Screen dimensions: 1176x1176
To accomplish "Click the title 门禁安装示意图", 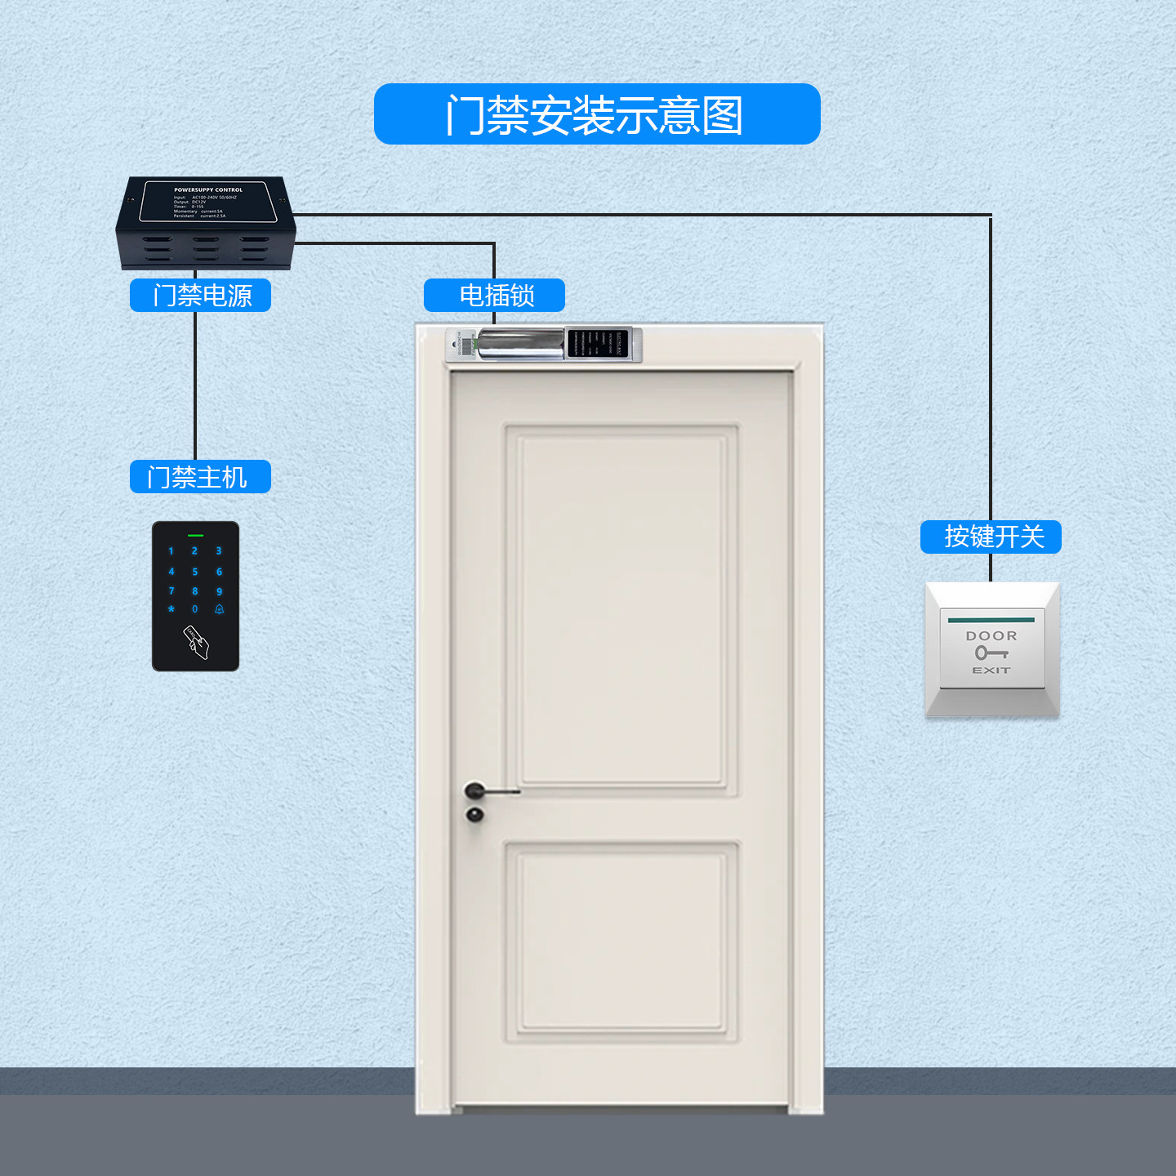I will pyautogui.click(x=596, y=114).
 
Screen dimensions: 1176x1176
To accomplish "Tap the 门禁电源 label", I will pyautogui.click(x=201, y=295).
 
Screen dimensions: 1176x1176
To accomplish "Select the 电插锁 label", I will pyautogui.click(x=495, y=295).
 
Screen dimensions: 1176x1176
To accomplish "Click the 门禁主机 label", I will pyautogui.click(x=200, y=477).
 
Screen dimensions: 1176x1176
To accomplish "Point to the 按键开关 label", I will pyautogui.click(x=991, y=537).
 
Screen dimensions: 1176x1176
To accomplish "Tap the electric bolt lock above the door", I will pyautogui.click(x=544, y=345).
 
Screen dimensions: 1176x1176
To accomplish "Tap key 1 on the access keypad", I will pyautogui.click(x=171, y=551).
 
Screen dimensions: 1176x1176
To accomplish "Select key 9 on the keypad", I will pyautogui.click(x=219, y=591).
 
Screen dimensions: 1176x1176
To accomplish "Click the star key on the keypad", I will pyautogui.click(x=171, y=609).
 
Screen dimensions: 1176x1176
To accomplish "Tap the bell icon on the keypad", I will pyautogui.click(x=219, y=609).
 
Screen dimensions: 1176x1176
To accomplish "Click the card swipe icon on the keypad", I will pyautogui.click(x=196, y=643).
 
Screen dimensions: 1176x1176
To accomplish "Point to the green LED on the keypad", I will pyautogui.click(x=195, y=536).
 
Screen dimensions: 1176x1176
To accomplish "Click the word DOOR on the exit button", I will pyautogui.click(x=991, y=636).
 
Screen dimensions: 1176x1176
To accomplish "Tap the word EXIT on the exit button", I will pyautogui.click(x=991, y=670).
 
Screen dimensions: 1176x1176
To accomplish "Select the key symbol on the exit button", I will pyautogui.click(x=991, y=653).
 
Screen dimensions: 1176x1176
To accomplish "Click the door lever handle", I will pyautogui.click(x=490, y=791).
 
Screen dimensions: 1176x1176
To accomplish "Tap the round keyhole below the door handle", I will pyautogui.click(x=474, y=814).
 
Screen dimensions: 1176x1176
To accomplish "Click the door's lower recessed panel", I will pyautogui.click(x=622, y=941).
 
